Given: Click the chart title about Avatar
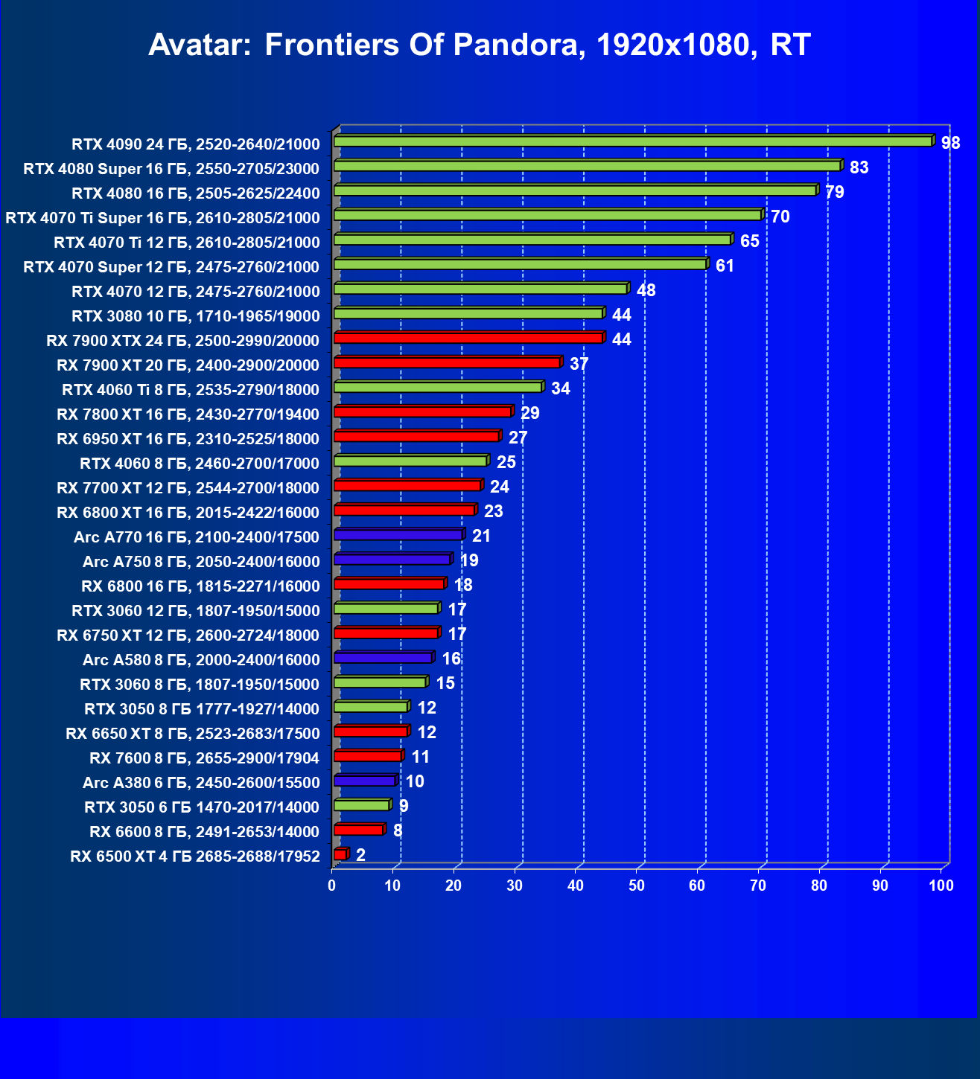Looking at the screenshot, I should [x=479, y=45].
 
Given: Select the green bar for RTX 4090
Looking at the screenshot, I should [x=633, y=141].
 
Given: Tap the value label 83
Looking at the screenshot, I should [x=859, y=167].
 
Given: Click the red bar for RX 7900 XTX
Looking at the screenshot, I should [x=468, y=339].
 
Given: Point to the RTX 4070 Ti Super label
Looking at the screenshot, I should [x=162, y=218].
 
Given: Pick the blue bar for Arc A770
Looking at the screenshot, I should [x=398, y=535].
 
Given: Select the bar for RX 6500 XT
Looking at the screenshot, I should [x=340, y=855].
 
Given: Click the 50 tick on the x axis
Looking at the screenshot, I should [x=637, y=886].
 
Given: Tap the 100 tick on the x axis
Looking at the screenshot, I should [x=941, y=886].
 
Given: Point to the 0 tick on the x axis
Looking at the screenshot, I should [x=332, y=886].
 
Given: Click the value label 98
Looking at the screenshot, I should [x=950, y=143].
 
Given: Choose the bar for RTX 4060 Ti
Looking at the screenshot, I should [x=439, y=388].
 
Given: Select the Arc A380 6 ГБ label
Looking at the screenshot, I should [x=201, y=783].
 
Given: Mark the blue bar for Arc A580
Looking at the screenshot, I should [x=383, y=658].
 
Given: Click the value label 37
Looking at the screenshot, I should [x=579, y=364].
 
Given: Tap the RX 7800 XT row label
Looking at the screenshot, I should [x=188, y=414].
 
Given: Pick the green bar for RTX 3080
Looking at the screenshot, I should [x=468, y=314].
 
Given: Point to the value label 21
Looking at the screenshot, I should [x=481, y=536].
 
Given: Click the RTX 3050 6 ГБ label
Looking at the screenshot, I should [x=202, y=807].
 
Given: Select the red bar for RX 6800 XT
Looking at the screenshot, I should [x=404, y=510].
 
